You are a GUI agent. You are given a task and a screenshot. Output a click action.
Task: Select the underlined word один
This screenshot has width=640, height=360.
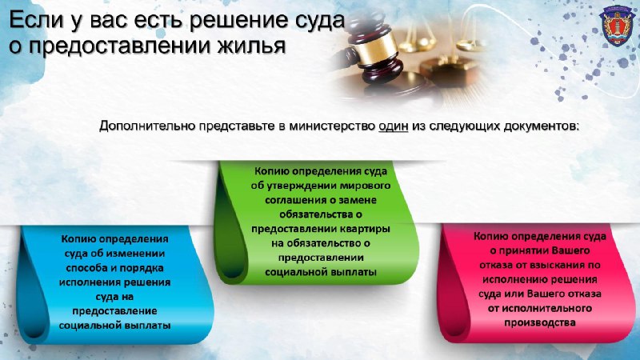coord(394,126)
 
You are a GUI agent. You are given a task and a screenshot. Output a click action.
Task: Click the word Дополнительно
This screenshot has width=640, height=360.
coord(146,126)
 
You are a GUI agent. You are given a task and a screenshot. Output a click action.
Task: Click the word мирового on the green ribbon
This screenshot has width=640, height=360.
coord(366,186)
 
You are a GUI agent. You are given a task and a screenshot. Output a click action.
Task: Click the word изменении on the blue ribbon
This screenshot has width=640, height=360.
coord(138,254)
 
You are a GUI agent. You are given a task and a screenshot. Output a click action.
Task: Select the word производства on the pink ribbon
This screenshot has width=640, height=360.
coord(540,323)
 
